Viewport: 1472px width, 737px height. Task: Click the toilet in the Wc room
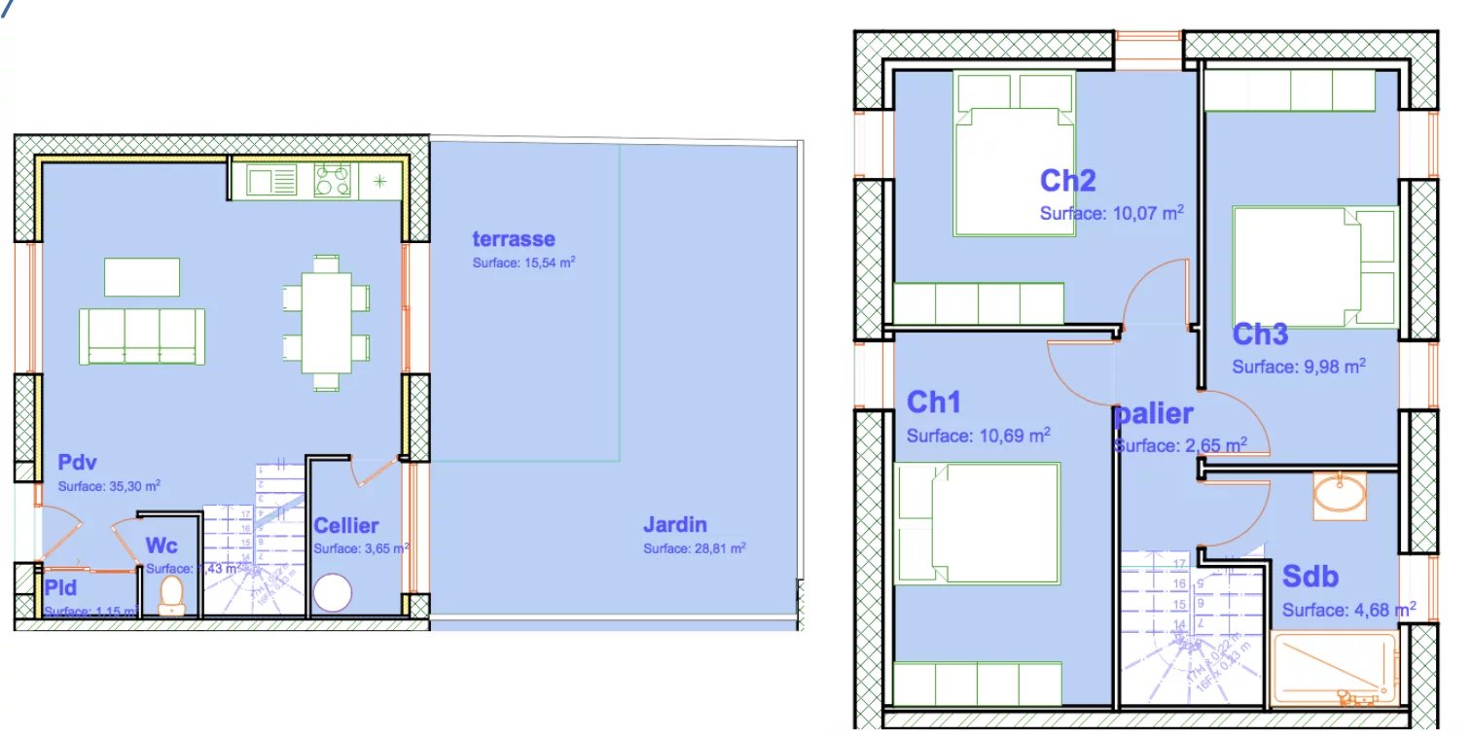tap(172, 594)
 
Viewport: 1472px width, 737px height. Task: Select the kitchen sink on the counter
tap(271, 181)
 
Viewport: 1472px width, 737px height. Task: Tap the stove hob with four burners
tap(332, 181)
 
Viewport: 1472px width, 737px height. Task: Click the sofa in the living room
tap(142, 335)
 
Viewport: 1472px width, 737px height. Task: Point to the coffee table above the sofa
tap(142, 276)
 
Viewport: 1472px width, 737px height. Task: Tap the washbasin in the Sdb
tap(1339, 494)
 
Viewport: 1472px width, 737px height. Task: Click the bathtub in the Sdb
tap(1335, 670)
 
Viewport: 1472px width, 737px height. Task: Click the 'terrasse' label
tap(514, 239)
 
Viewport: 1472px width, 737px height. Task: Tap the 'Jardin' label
tap(674, 525)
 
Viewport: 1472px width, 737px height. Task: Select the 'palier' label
tap(1154, 414)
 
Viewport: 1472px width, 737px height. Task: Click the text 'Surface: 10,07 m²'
tap(1111, 213)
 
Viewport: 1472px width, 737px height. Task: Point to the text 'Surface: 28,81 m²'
tap(694, 548)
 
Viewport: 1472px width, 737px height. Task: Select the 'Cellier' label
tap(345, 526)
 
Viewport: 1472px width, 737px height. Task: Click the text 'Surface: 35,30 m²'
tap(109, 485)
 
